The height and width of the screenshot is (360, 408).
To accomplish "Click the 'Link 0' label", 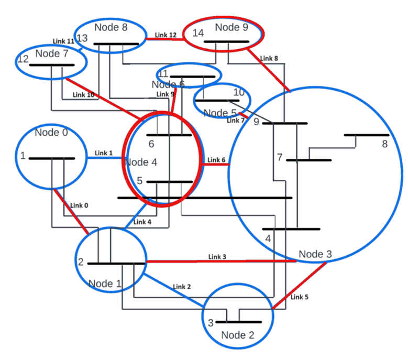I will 79,205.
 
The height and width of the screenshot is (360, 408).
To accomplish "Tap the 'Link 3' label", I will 217,257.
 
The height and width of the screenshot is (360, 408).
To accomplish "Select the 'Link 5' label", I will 300,297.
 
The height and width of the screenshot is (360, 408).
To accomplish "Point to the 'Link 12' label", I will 166,35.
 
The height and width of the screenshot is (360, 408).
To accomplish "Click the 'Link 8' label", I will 269,58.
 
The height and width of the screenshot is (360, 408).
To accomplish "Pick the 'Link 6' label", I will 216,160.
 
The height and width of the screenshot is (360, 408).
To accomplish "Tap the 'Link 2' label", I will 182,287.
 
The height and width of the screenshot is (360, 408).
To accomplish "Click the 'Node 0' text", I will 51,132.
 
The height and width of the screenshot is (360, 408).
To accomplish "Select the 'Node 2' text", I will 237,335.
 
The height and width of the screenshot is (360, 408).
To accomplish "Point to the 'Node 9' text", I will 231,27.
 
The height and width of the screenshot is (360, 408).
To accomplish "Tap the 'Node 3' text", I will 315,254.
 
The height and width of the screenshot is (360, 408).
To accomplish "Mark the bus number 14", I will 197,32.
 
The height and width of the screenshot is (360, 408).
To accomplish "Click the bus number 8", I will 384,144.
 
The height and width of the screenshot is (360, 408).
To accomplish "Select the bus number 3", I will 211,323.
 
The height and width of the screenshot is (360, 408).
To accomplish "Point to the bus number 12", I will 23,60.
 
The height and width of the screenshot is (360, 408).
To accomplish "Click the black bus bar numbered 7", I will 308,160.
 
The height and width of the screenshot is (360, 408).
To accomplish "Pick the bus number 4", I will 268,239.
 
